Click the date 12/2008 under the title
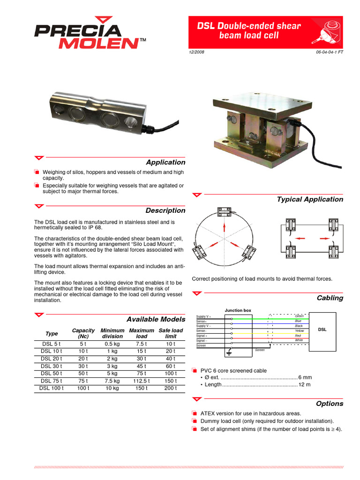point(196,52)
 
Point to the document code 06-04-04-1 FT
point(330,52)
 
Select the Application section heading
point(165,162)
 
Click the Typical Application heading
point(310,199)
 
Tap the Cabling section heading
point(330,298)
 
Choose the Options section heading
point(330,404)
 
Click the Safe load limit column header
point(171,333)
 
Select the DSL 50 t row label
point(52,373)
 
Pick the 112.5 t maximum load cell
point(141,381)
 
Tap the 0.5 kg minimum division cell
point(112,344)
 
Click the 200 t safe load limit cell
point(171,388)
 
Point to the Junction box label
point(238,310)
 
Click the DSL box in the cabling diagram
point(322,330)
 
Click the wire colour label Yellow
point(299,330)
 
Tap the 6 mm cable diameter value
point(305,377)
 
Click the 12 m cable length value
point(304,384)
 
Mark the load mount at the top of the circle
point(224,212)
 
